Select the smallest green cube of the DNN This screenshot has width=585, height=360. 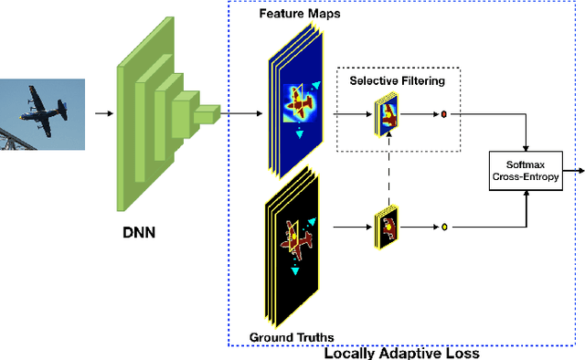(x=208, y=113)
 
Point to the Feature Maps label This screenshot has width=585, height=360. (x=293, y=16)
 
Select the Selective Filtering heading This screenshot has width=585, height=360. (x=397, y=81)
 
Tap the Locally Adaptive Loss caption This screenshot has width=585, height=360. (x=401, y=352)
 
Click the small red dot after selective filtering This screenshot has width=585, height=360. (x=444, y=115)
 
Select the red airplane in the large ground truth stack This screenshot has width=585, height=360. (x=297, y=235)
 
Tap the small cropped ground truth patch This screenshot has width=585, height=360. (x=386, y=228)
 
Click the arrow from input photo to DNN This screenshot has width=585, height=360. (x=102, y=114)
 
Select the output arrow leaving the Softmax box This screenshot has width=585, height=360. (x=574, y=170)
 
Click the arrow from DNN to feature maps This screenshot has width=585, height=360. (x=241, y=114)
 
